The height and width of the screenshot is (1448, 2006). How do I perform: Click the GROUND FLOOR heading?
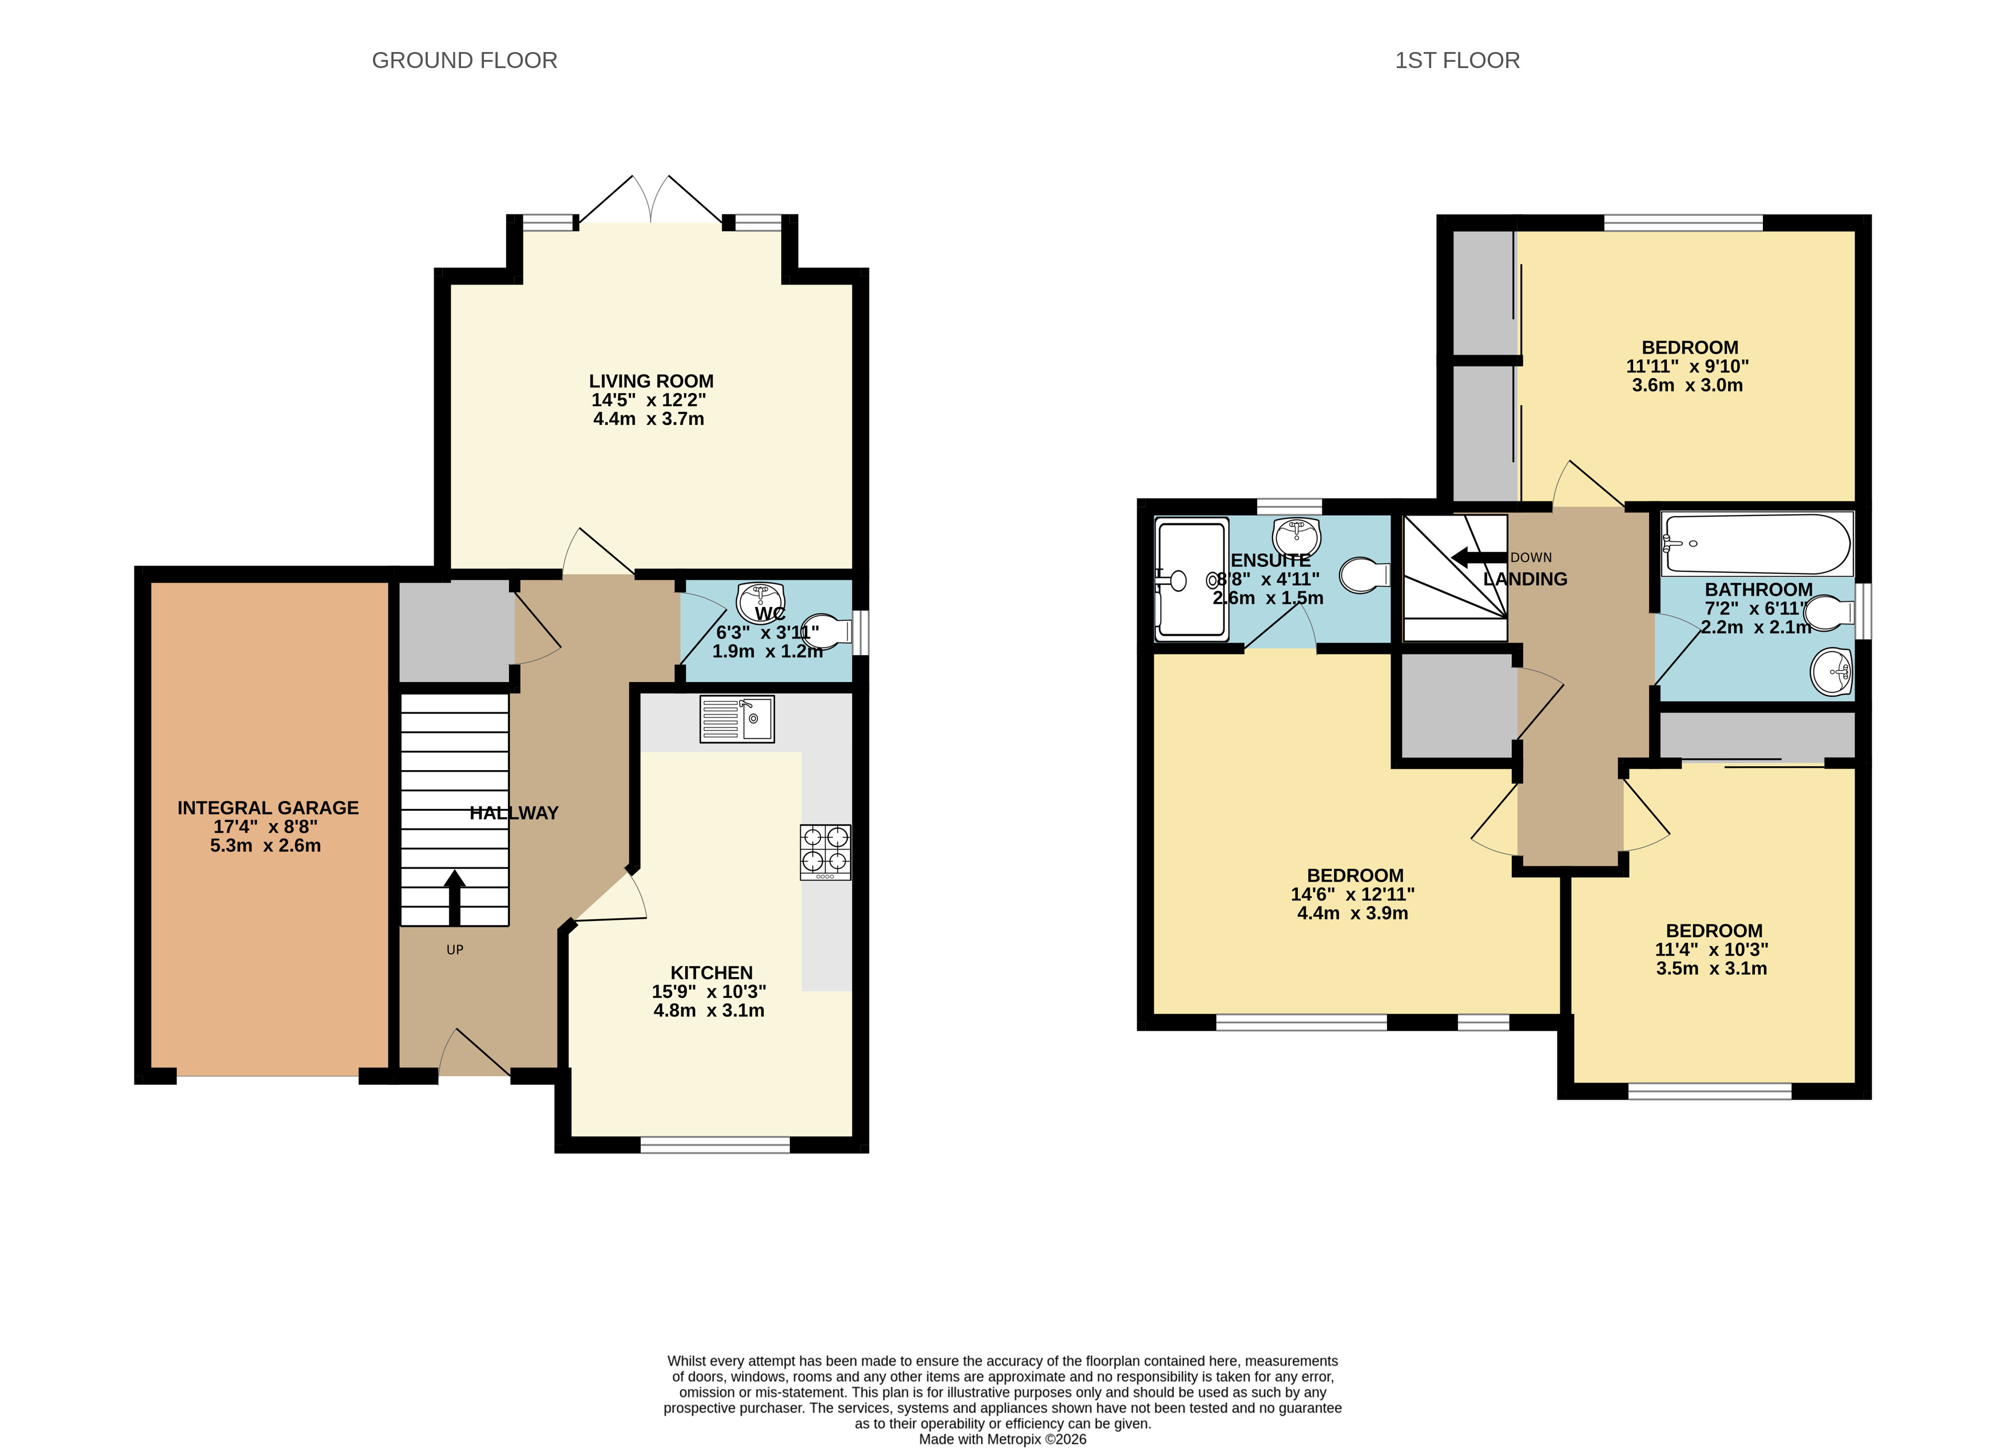tap(464, 60)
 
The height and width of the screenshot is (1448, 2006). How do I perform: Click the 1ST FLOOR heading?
tap(1457, 60)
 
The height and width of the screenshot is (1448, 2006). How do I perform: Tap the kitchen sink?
tap(737, 718)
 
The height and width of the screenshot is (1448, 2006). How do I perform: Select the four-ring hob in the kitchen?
tap(825, 852)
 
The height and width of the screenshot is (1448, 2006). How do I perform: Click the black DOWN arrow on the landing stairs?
tap(1479, 557)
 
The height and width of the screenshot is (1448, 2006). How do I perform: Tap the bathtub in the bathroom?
tap(1757, 545)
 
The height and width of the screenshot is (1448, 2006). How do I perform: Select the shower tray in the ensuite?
tap(1192, 578)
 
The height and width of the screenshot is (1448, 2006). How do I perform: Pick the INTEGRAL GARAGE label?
tap(268, 808)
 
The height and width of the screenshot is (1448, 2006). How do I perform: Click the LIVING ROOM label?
tap(651, 381)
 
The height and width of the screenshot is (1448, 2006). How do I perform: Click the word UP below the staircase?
tap(455, 950)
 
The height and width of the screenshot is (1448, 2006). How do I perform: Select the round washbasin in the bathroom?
tap(1832, 672)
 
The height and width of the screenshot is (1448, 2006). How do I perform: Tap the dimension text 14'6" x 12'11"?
tap(1352, 894)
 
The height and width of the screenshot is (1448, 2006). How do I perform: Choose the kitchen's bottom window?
tap(714, 1145)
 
